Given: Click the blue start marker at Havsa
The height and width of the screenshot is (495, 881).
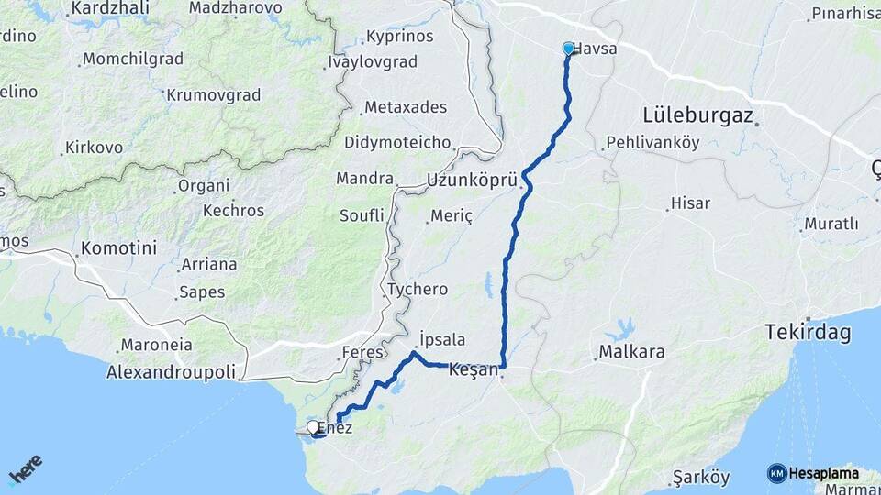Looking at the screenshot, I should coord(568,49).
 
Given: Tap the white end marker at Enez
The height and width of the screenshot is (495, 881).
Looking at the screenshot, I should coord(313,427).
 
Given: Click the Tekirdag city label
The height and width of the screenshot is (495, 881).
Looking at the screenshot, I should coord(809,333).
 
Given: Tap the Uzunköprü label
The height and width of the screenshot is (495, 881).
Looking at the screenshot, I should coord(473,181).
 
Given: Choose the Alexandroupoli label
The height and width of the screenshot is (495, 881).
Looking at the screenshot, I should coord(172,372).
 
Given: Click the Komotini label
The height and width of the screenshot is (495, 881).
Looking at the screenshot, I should coord(118,247).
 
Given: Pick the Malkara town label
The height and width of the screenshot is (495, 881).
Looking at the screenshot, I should coord(631,351).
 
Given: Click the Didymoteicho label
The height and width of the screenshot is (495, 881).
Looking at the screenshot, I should coord(397,142).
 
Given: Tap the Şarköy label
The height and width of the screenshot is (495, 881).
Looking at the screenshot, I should coord(700,477).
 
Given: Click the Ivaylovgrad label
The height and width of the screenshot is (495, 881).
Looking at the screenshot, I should coord(372,62).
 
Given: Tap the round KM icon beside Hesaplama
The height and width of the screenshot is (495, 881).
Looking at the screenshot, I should coord(776,473).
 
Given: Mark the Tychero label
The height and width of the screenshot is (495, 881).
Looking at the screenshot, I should coord(418,289).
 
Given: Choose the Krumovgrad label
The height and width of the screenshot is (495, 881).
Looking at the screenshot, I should coord(214,94).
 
